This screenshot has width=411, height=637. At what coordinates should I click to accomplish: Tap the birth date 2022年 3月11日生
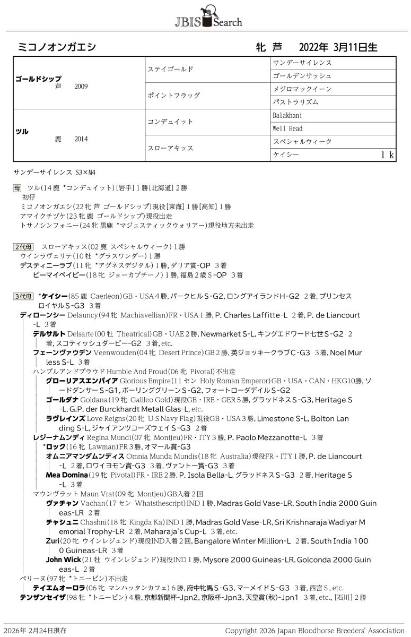tap(338, 47)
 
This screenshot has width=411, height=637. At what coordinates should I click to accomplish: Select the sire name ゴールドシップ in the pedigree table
tap(38, 78)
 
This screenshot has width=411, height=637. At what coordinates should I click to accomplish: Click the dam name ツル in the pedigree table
tap(22, 131)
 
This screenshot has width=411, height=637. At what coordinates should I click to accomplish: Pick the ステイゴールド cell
tap(170, 70)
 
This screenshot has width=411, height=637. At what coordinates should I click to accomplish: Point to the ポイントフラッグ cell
tap(173, 96)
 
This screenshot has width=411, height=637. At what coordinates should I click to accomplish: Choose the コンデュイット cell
tap(170, 122)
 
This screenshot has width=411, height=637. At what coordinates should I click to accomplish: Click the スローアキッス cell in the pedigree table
tap(170, 148)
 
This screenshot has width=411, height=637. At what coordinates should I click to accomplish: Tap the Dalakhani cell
tap(287, 115)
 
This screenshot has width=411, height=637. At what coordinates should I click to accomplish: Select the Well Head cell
tap(287, 128)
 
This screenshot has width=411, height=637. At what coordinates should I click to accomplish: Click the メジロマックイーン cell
tap(302, 89)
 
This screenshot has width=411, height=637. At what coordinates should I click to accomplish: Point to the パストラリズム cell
tap(295, 102)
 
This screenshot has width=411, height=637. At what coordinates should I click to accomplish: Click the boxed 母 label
tap(18, 188)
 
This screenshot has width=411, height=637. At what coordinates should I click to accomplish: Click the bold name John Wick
tap(63, 559)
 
